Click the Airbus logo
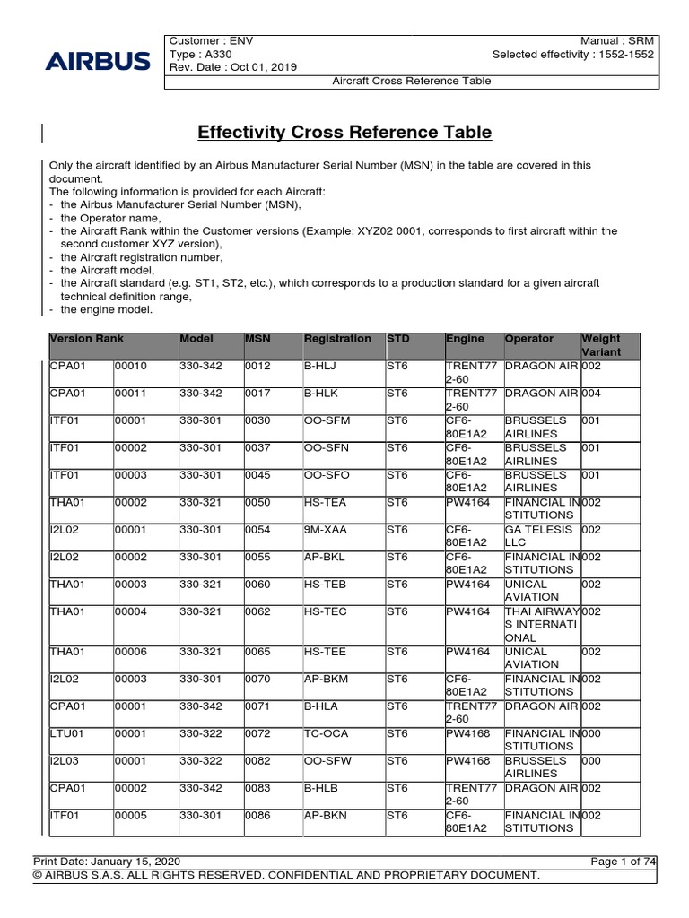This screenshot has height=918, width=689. [x=98, y=61]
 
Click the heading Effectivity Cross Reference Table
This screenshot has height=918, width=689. [x=344, y=133]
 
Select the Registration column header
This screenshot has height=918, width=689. [x=337, y=339]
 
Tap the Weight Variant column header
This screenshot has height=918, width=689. [x=601, y=345]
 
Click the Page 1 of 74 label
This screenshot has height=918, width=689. [x=624, y=862]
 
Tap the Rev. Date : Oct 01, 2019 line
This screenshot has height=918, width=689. [x=233, y=67]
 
